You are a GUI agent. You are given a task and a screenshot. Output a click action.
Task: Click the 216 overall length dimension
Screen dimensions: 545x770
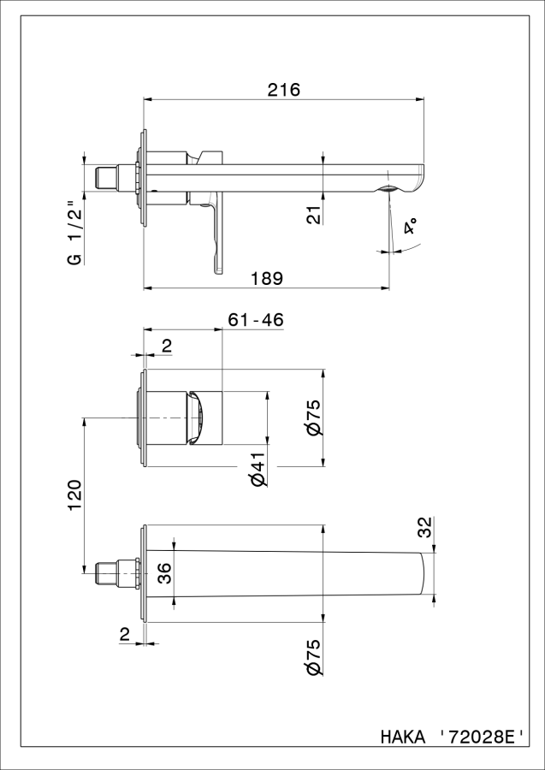tap(284, 90)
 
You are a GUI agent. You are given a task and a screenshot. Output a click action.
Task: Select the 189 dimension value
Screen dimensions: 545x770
tap(267, 278)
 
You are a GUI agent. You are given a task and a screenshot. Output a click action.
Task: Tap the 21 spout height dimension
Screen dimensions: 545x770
tap(315, 214)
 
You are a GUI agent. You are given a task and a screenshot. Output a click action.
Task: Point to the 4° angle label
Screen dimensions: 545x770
tap(411, 228)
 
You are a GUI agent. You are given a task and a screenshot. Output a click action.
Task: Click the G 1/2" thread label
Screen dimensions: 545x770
tap(74, 233)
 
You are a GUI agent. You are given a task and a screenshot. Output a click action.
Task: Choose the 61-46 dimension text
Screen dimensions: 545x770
tap(256, 320)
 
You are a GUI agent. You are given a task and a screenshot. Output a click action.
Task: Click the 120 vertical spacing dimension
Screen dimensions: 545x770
tap(74, 496)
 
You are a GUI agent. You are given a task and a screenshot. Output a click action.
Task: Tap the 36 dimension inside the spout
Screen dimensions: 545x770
tap(165, 573)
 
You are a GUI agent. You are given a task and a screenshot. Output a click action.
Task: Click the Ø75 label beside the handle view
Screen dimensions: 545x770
tap(314, 418)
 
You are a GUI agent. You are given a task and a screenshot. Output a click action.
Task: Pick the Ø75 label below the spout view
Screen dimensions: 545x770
tap(314, 657)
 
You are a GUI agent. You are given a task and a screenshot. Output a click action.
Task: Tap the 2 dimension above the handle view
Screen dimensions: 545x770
tap(167, 346)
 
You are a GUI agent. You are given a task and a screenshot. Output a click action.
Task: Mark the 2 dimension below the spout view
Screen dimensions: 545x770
tap(124, 636)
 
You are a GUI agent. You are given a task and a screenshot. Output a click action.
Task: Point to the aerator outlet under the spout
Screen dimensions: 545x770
tap(389, 189)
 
